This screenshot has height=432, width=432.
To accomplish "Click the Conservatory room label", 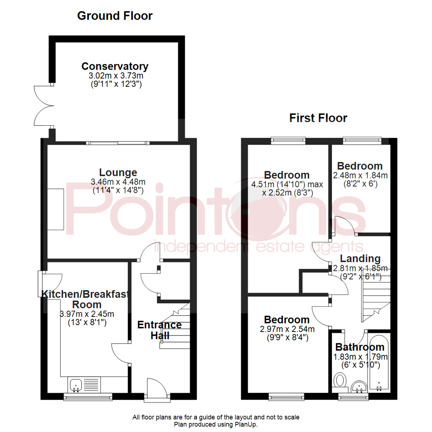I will pyautogui.click(x=115, y=66).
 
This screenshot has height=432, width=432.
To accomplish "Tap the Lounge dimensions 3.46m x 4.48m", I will pyautogui.click(x=118, y=182).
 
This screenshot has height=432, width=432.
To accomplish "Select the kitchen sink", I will pyautogui.click(x=76, y=385).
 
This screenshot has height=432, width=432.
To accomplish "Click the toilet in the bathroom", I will pyautogui.click(x=340, y=380).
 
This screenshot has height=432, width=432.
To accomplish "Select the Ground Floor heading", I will pyautogui.click(x=114, y=16).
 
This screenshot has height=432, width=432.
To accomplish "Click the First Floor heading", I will pyautogui.click(x=318, y=118).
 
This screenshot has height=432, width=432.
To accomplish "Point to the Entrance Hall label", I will pyautogui.click(x=159, y=330).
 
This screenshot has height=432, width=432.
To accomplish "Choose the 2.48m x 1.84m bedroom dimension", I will pyautogui.click(x=360, y=175).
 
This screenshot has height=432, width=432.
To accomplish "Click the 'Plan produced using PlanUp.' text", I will pyautogui.click(x=216, y=424).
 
